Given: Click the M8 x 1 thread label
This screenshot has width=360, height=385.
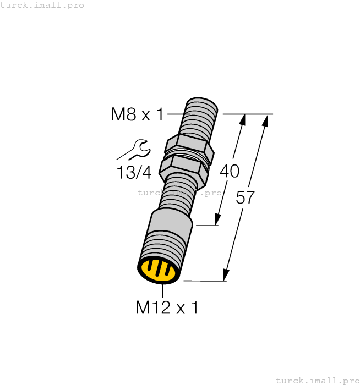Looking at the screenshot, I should click(x=137, y=114).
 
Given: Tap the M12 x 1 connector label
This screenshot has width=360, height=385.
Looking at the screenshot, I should click(x=167, y=307).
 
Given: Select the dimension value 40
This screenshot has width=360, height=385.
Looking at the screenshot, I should click(x=229, y=171).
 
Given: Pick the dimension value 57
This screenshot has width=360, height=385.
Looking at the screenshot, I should click(x=245, y=197).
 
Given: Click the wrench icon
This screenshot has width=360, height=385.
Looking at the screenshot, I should click(x=136, y=148).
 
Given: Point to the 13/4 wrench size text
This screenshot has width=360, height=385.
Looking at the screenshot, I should click(x=134, y=172).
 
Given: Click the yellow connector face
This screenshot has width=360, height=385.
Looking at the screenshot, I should click(x=159, y=269).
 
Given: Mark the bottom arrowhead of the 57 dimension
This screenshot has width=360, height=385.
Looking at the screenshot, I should click(x=226, y=274).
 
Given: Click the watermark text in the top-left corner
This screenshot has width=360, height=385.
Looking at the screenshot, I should click(x=42, y=5).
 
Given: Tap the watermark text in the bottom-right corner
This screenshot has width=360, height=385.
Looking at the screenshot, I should click(x=317, y=380).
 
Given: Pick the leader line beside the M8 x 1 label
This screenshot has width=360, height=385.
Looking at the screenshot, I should click(x=178, y=114).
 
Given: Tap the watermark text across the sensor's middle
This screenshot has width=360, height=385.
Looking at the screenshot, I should click(x=179, y=193).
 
